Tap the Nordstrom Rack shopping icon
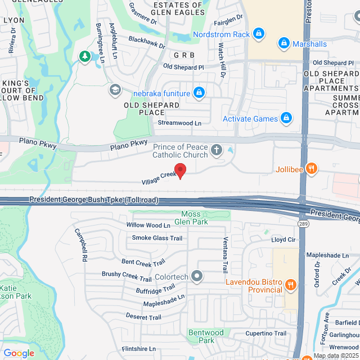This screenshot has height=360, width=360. point(258,34)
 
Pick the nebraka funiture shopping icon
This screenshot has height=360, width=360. point(199,92)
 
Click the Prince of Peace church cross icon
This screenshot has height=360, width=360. point(216,150)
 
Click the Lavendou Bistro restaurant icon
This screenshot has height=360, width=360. point(290,285)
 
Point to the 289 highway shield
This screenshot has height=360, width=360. point(302,224)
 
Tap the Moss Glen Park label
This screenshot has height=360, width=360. point(195,218)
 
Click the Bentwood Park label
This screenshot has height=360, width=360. point(205,336)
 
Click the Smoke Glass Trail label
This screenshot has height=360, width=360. point(157,238)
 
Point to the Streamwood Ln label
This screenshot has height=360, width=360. point(179,123)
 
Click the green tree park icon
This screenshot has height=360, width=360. point(84,56)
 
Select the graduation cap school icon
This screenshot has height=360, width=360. point(115,90)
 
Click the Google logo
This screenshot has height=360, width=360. point(19,353)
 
